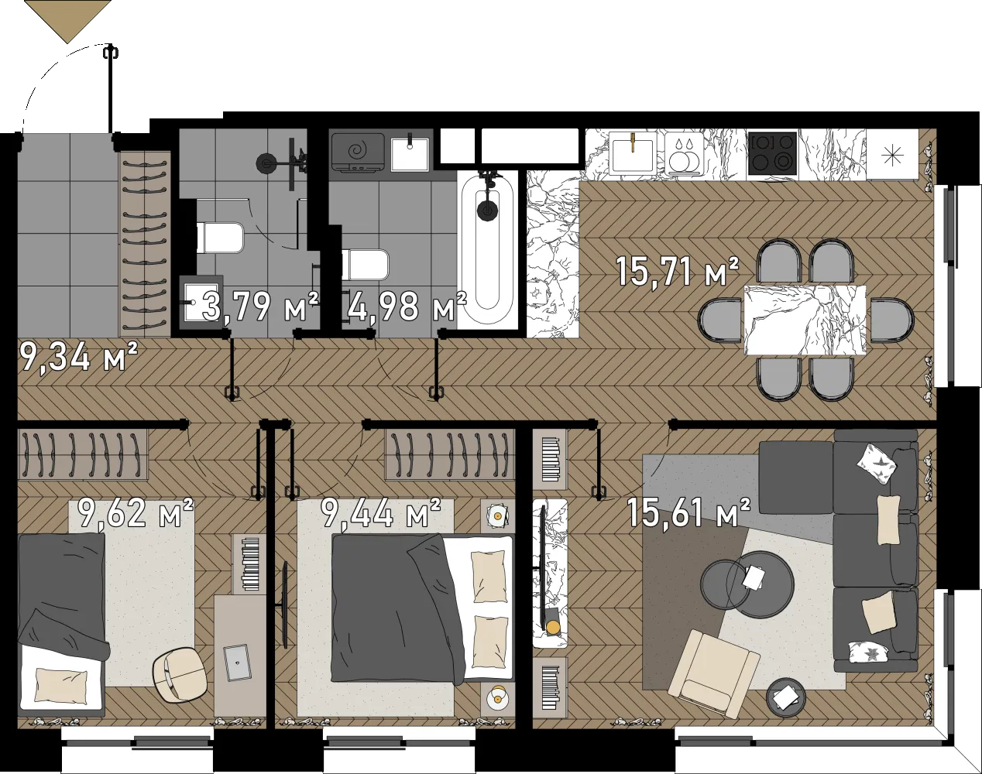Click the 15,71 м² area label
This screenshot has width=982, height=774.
tap(677, 272)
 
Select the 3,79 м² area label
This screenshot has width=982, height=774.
tap(260, 306)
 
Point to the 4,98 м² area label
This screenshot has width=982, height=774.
tap(407, 306)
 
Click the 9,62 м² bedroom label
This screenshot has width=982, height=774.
tap(136, 512)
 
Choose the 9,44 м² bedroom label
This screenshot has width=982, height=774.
tap(380, 512)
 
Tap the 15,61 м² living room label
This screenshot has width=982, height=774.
tap(688, 512)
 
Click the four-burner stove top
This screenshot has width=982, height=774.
tap(773, 154)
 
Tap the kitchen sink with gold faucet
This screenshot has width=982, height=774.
tap(633, 153)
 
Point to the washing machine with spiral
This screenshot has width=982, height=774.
tap(358, 152)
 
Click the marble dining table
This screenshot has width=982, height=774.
tap(805, 320)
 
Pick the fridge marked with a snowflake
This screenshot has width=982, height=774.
tap(892, 154)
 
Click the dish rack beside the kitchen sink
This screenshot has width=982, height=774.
tap(684, 154)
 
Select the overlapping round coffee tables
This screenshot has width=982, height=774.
tap(747, 584)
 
